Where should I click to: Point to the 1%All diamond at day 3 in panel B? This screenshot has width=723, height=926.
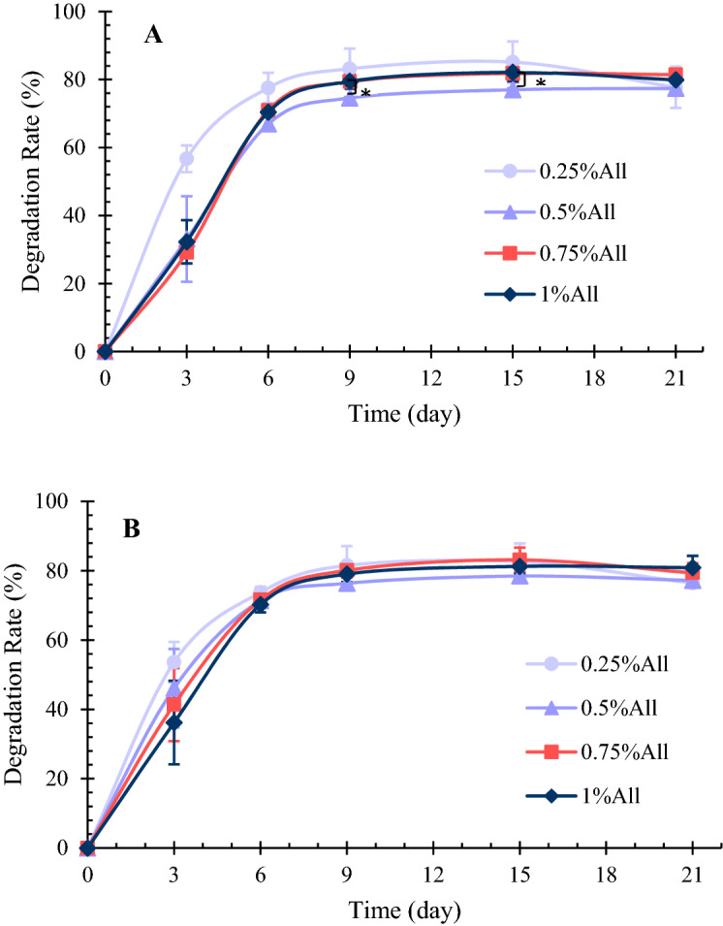click(x=174, y=723)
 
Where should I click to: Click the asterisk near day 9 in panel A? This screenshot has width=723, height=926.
click(x=365, y=94)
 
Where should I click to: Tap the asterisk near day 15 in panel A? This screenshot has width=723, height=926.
click(x=540, y=84)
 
